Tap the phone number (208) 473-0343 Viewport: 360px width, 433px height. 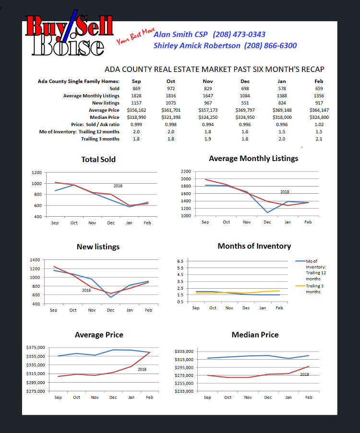coord(239,35)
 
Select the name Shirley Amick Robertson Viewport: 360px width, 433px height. coord(197,46)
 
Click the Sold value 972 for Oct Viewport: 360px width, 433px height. coord(171,89)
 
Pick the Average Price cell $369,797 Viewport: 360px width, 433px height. coord(245,110)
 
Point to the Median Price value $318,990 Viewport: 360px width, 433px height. coord(136,117)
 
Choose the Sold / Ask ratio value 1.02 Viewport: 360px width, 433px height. coord(319,125)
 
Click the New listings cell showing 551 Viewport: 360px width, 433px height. coord(245,103)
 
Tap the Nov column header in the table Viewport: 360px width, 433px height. coord(208,81)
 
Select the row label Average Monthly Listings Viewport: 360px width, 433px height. coord(91,96)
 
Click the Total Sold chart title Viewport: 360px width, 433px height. coord(98,159)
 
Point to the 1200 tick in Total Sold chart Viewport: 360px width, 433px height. coord(37,173)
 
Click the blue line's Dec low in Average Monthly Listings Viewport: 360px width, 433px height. coord(267,212)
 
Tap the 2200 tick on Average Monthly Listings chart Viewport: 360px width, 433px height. coord(186,172)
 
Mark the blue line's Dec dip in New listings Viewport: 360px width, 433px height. coord(110,297)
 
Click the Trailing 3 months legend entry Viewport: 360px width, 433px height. coord(310,289)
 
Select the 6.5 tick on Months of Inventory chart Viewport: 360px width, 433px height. coord(180,261)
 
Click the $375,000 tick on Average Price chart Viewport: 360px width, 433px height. coord(36,347)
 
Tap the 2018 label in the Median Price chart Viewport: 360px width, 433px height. coord(304,374)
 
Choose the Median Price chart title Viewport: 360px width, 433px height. coord(255,335)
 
